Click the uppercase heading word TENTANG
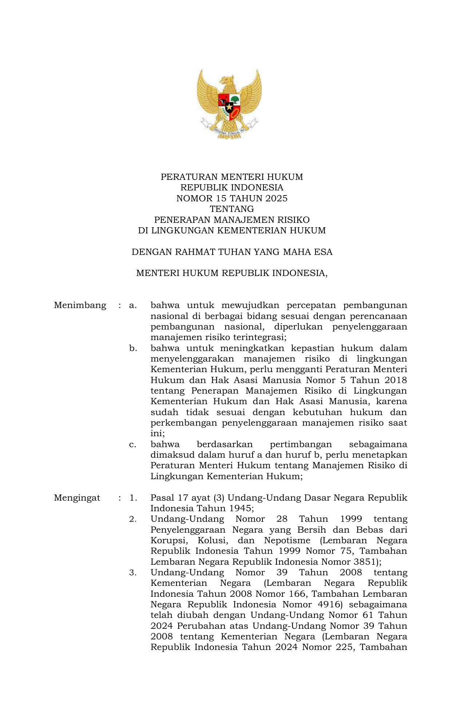232,209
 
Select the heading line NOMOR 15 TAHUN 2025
232,198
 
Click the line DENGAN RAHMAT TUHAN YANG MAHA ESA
232,252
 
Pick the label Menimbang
80,305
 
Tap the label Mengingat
77,498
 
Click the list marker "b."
133,348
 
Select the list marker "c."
133,445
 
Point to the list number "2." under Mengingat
133,519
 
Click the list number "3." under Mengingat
133,573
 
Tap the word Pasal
162,498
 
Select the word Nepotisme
287,540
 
